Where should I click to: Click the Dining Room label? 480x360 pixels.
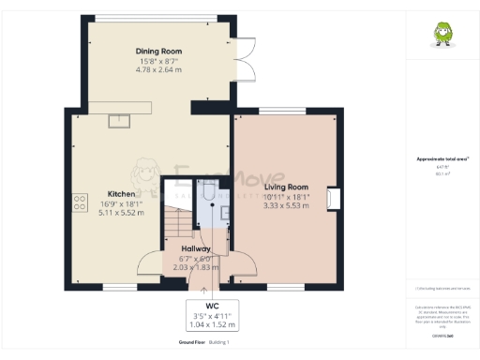click(x=158, y=51)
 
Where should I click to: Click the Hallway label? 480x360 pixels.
click(x=195, y=248)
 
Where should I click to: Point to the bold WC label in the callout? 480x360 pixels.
click(x=212, y=307)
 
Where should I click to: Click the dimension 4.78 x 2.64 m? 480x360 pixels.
click(x=158, y=69)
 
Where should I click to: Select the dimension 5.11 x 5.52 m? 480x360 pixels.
click(x=122, y=213)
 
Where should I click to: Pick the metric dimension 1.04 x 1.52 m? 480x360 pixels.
click(x=212, y=324)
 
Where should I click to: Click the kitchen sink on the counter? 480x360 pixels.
click(x=119, y=119)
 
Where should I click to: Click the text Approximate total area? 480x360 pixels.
click(x=436, y=158)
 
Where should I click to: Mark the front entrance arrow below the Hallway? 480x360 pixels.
click(x=195, y=279)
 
